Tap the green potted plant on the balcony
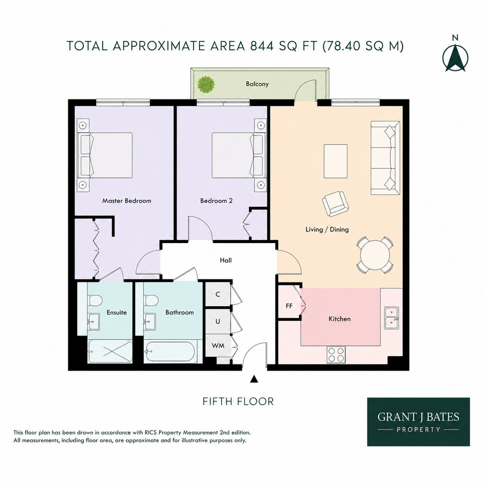[206, 84]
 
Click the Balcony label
[257, 84]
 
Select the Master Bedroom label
[127, 200]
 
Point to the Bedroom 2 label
[216, 200]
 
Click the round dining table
[375, 255]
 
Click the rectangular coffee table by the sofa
[336, 161]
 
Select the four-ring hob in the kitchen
[336, 354]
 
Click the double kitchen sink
[391, 318]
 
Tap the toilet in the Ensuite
[94, 300]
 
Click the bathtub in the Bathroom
[169, 351]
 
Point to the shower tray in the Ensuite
[110, 351]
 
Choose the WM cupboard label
[218, 345]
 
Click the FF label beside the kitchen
[289, 306]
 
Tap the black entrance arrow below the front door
[254, 379]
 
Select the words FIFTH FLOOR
[238, 401]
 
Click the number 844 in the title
[261, 46]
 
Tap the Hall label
[225, 260]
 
